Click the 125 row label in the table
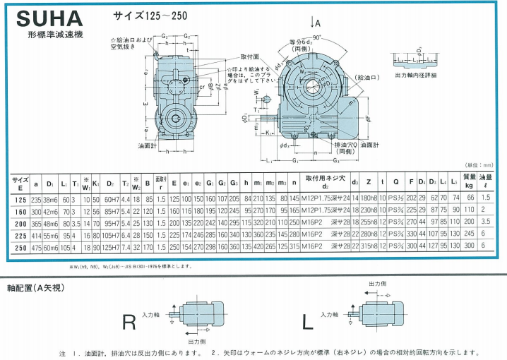pyautogui.click(x=19, y=199)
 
